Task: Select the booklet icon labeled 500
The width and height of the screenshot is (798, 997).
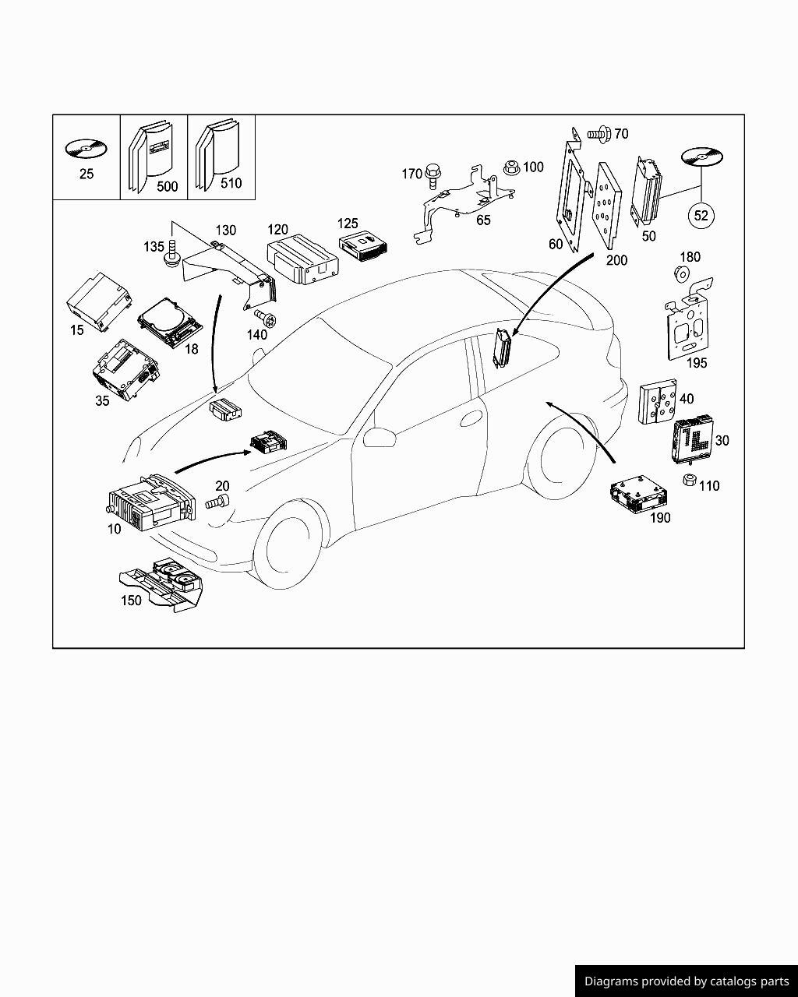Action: [x=151, y=157]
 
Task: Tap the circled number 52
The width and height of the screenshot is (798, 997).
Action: [x=701, y=215]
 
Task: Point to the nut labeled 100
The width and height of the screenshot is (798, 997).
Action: [x=511, y=167]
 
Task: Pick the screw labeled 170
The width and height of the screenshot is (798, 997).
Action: [x=433, y=178]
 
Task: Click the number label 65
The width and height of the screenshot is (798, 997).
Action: [x=483, y=220]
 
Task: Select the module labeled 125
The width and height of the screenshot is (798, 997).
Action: [x=362, y=246]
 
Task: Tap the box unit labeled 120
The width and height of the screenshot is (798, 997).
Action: [x=302, y=261]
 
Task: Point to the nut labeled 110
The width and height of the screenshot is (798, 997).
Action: [x=689, y=480]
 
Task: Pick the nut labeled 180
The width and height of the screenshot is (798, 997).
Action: [x=681, y=273]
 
